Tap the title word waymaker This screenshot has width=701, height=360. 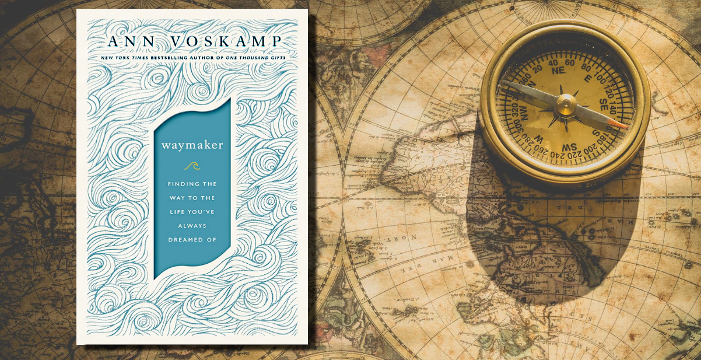tap(192, 145)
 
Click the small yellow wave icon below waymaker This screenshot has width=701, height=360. tap(192, 166)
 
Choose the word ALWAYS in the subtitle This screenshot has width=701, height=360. tap(192, 225)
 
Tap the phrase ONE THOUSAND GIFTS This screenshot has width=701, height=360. tap(259, 57)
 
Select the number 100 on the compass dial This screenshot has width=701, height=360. tap(607, 75)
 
